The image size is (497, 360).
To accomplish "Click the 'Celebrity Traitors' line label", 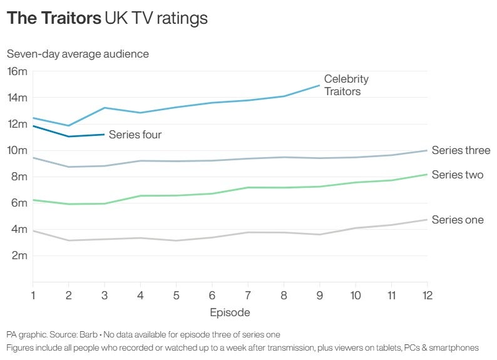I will click(x=346, y=85).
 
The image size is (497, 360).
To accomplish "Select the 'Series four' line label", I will click(x=135, y=135).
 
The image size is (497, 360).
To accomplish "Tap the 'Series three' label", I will click(x=461, y=150).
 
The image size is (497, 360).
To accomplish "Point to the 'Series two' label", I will click(x=458, y=175).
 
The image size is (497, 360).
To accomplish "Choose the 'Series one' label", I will click(x=458, y=220).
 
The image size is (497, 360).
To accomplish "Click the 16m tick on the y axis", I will click(x=17, y=71).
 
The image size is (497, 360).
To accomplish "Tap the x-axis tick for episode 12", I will click(x=426, y=294).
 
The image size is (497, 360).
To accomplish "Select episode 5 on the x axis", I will click(x=177, y=294).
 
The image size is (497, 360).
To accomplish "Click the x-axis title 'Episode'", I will click(x=230, y=312).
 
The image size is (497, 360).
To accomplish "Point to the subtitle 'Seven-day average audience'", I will click(x=78, y=54).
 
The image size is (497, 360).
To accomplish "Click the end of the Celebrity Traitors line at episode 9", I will click(x=319, y=85).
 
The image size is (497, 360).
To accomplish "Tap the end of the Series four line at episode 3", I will click(x=105, y=135).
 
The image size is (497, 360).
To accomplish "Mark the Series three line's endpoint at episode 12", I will click(x=426, y=150).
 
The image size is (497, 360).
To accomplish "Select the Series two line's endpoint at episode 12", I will click(x=426, y=174).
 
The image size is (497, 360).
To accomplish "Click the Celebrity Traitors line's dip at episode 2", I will click(x=69, y=126).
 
